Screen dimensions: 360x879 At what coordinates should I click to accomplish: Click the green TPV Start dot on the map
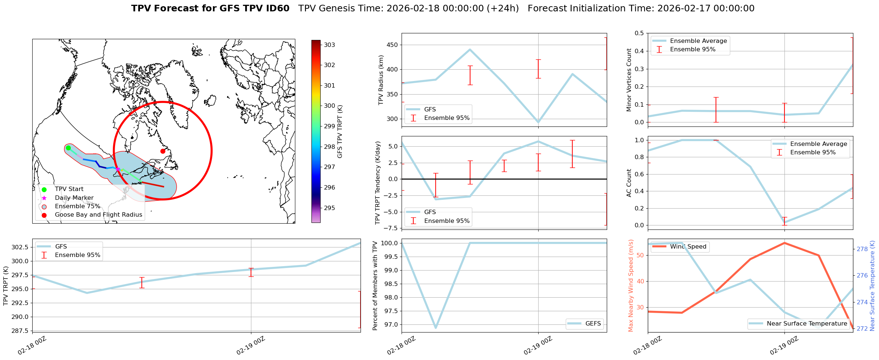pyautogui.click(x=68, y=148)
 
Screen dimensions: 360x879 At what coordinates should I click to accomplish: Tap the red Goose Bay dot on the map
pyautogui.click(x=163, y=151)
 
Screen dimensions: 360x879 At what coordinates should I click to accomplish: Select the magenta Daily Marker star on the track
pyautogui.click(x=118, y=169)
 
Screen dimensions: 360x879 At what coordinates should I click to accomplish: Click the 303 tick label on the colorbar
pyautogui.click(x=329, y=45)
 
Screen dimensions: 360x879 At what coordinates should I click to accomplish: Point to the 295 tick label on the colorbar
pyautogui.click(x=329, y=208)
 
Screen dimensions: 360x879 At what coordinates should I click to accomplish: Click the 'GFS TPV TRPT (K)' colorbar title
pyautogui.click(x=340, y=132)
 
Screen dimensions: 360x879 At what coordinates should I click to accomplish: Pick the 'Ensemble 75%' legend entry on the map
pyautogui.click(x=77, y=206)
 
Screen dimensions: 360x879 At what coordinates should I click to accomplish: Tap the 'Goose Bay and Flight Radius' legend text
pyautogui.click(x=98, y=214)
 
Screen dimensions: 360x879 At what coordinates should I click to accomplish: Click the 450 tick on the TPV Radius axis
pyautogui.click(x=392, y=45)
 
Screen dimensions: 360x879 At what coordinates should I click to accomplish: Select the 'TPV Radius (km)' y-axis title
pyautogui.click(x=381, y=80)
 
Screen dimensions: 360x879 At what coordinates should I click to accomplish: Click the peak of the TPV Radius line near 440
pyautogui.click(x=470, y=49)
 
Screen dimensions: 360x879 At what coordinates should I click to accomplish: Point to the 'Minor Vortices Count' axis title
pyautogui.click(x=629, y=80)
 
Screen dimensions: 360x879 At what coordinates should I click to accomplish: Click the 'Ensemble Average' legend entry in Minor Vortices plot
pyautogui.click(x=698, y=41)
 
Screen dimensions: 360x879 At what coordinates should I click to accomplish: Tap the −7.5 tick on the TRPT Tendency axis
pyautogui.click(x=390, y=228)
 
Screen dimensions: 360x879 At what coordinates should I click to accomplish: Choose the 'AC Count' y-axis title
pyautogui.click(x=629, y=183)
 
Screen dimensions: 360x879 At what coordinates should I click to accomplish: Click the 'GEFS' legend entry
pyautogui.click(x=593, y=323)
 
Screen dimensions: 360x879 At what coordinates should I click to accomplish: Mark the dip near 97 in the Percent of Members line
pyautogui.click(x=436, y=328)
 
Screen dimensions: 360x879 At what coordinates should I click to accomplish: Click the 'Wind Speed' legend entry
pyautogui.click(x=688, y=246)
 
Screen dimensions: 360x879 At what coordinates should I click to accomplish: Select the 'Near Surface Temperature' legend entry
pyautogui.click(x=806, y=323)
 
